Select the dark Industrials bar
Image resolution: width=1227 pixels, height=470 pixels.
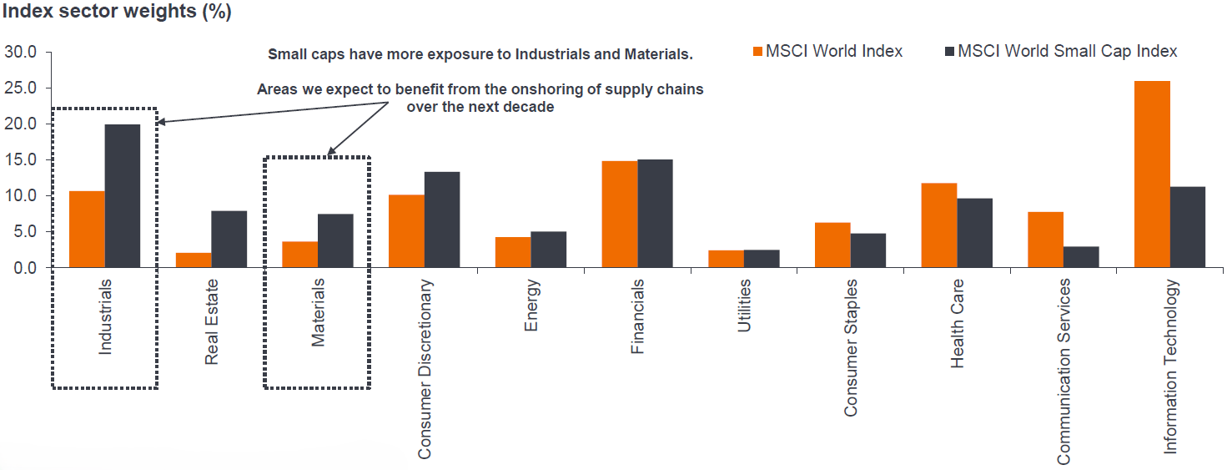point(123,195)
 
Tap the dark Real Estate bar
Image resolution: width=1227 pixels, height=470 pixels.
point(229,239)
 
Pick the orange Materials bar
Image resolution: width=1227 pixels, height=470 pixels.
point(299,255)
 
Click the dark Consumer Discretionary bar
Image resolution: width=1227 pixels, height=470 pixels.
point(442,220)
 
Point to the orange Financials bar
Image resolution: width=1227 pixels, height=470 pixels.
point(619,214)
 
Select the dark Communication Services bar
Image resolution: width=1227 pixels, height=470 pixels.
point(1081,257)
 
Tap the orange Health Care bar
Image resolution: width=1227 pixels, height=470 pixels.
point(938,225)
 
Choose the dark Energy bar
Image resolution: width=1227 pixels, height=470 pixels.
point(548,250)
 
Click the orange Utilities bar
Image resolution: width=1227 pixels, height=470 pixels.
point(726,259)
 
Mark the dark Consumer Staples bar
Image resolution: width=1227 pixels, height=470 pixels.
point(868,250)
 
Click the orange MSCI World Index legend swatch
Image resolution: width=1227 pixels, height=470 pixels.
point(758,52)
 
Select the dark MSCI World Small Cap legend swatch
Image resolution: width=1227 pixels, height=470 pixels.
point(948,52)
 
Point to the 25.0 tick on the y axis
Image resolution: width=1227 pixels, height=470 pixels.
point(21,88)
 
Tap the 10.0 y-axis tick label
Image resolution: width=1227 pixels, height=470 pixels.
point(21,195)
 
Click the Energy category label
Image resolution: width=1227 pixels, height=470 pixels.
point(532,306)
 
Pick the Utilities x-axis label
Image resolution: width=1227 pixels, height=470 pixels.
point(745,306)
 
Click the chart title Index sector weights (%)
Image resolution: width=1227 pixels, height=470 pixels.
point(118,13)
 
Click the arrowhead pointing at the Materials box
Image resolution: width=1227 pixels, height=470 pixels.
point(331,151)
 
